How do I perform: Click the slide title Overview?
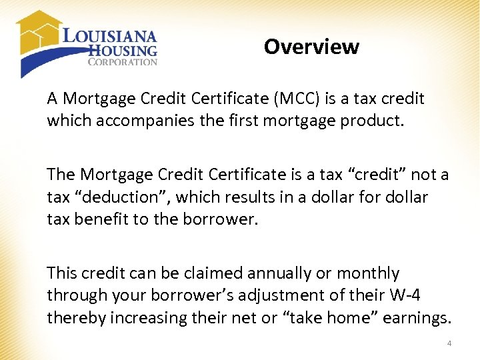pyautogui.click(x=311, y=47)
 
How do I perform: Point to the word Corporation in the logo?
pyautogui.click(x=123, y=62)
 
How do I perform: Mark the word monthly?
pyautogui.click(x=368, y=273)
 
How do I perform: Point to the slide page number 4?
pyautogui.click(x=449, y=344)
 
